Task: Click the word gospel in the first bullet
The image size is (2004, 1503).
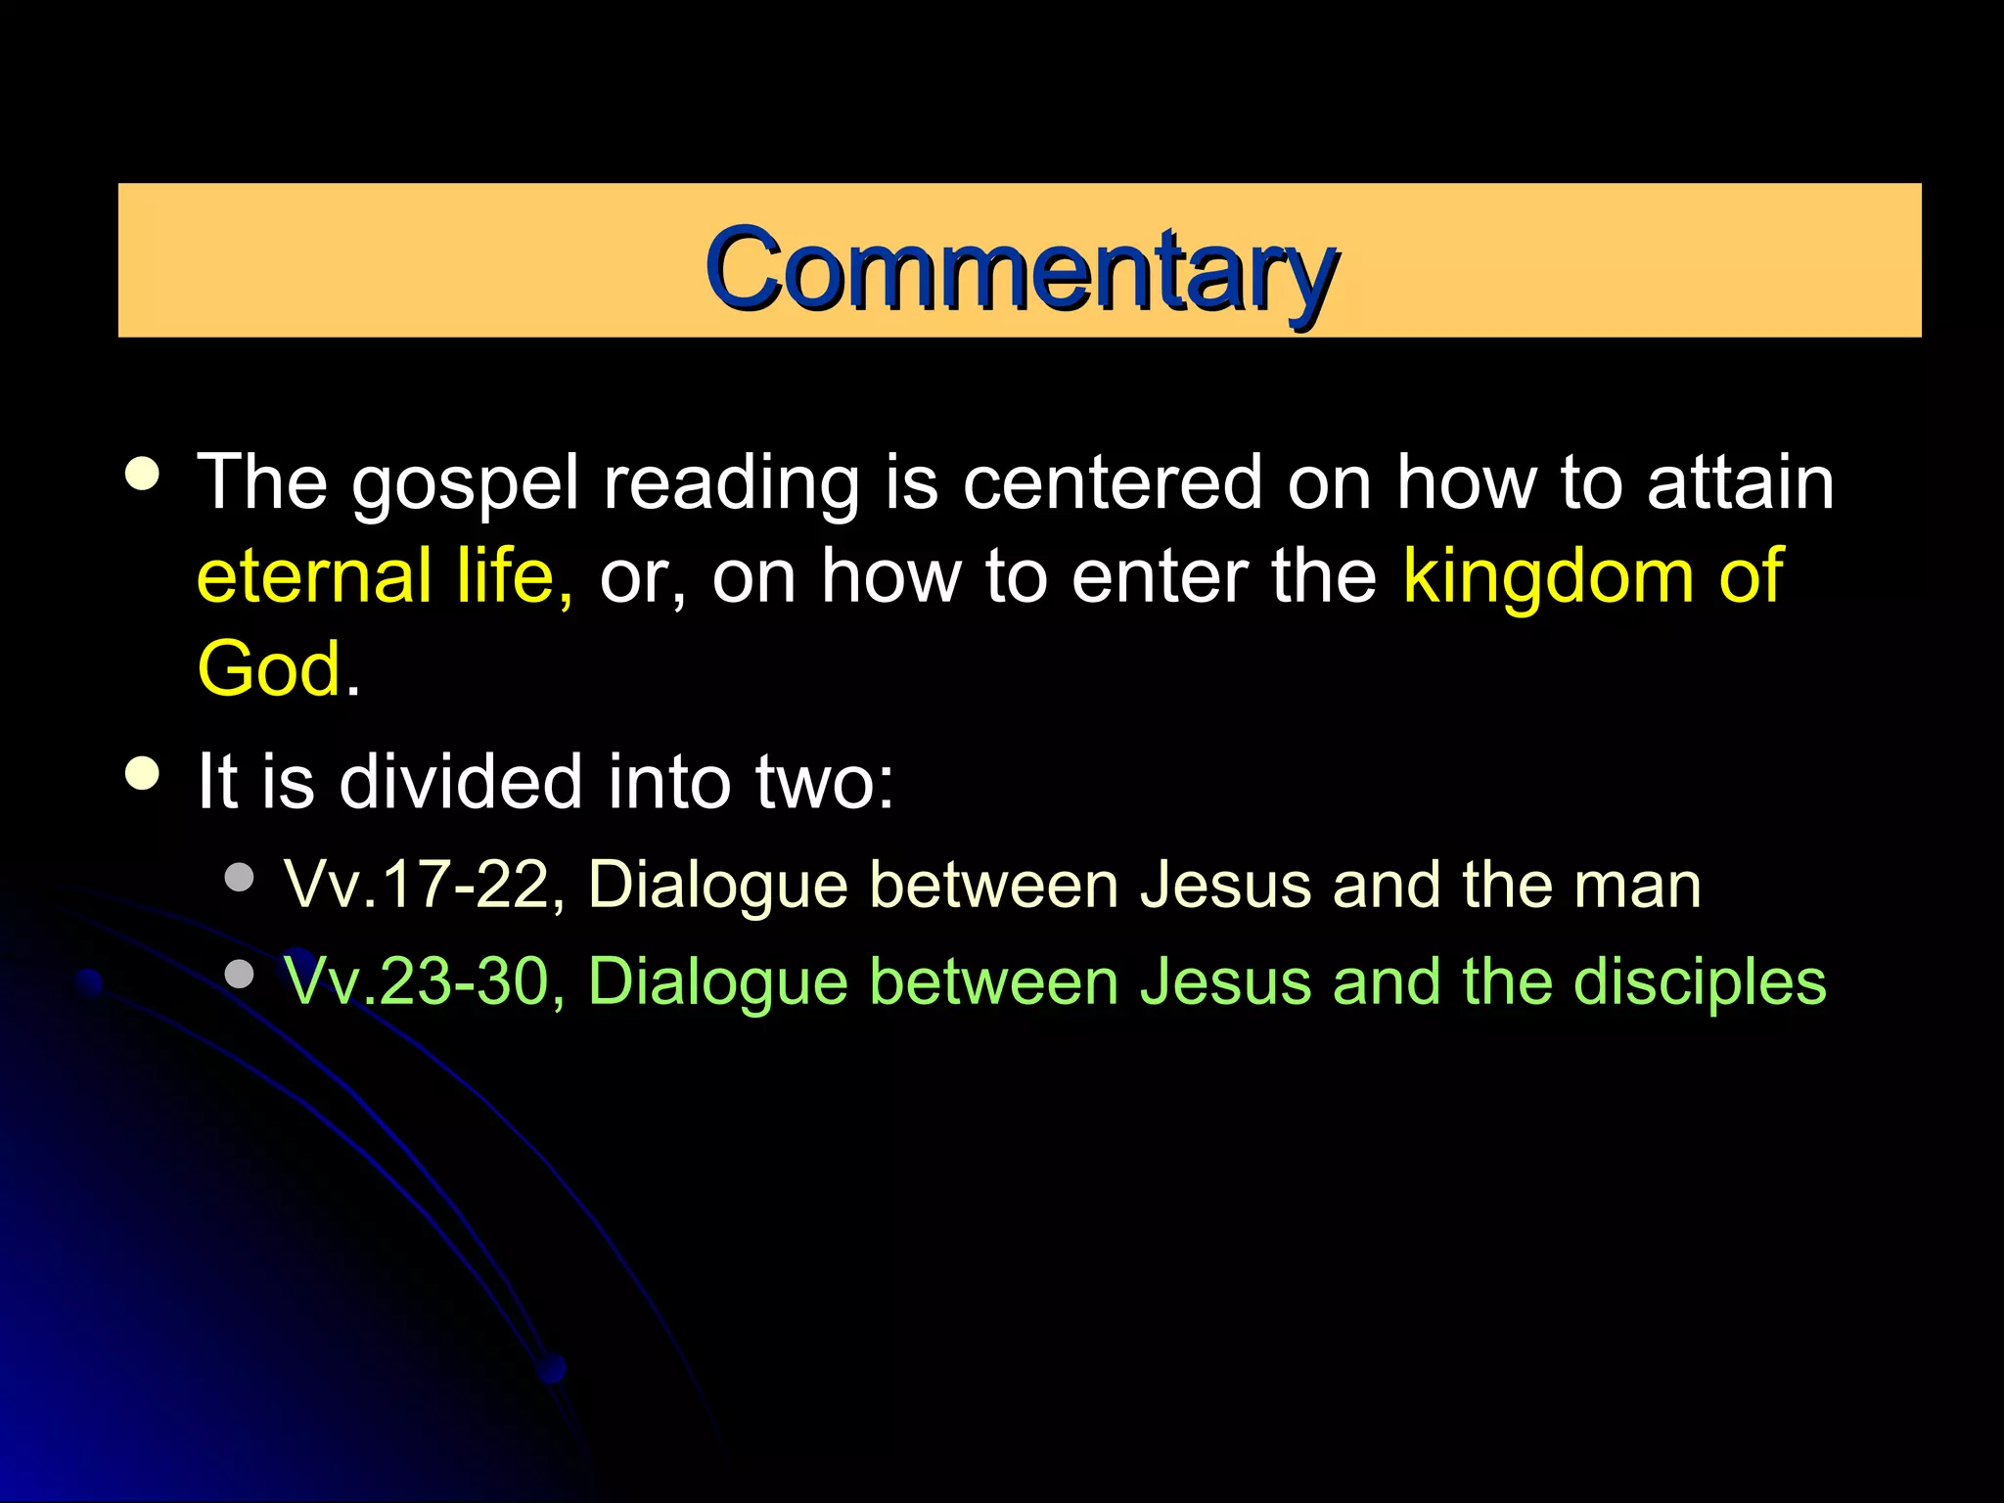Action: pyautogui.click(x=466, y=484)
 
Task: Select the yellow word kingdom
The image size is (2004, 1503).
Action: pyautogui.click(x=1547, y=576)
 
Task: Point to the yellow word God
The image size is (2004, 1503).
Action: pyautogui.click(x=269, y=669)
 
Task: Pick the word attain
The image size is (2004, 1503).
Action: pyautogui.click(x=1741, y=482)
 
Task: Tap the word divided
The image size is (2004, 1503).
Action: pyautogui.click(x=461, y=782)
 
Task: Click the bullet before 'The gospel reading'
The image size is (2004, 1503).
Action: pyautogui.click(x=143, y=474)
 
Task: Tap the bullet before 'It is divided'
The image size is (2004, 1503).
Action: pyautogui.click(x=143, y=773)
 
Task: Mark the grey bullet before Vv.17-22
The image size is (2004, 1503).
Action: pyautogui.click(x=239, y=877)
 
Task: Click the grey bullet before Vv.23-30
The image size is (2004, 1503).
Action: pyautogui.click(x=239, y=973)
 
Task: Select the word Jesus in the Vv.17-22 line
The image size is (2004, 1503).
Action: pyautogui.click(x=1226, y=886)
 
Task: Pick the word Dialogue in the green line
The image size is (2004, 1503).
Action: pyautogui.click(x=718, y=982)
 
